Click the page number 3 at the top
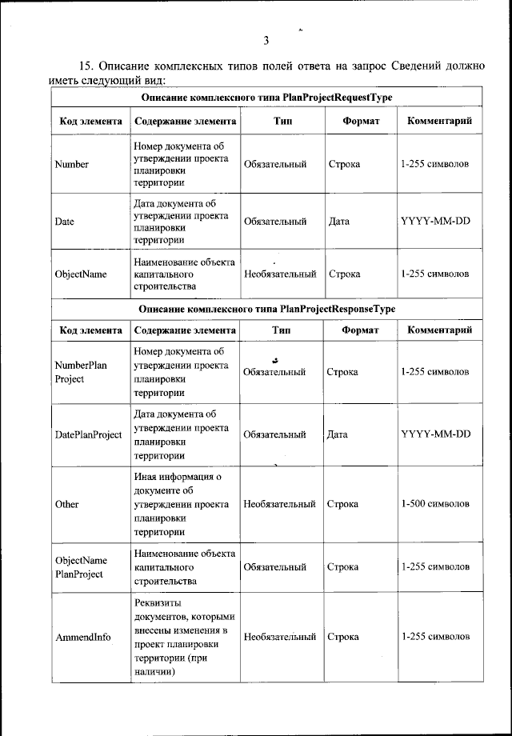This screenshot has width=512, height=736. point(265,40)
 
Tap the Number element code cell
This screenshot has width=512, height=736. point(71,165)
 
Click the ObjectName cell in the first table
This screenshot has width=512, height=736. point(81,274)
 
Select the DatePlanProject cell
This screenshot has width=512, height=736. point(88,435)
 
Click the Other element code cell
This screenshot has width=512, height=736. point(66,505)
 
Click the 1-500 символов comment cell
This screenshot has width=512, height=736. point(434,505)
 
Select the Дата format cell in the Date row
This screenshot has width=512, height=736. point(345,221)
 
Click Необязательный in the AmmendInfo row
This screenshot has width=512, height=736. point(279,638)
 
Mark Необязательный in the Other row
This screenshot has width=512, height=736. point(279,505)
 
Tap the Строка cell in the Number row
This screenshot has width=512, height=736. point(345,165)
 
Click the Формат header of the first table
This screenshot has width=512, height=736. point(360,122)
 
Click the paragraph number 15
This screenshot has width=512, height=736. point(86,66)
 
